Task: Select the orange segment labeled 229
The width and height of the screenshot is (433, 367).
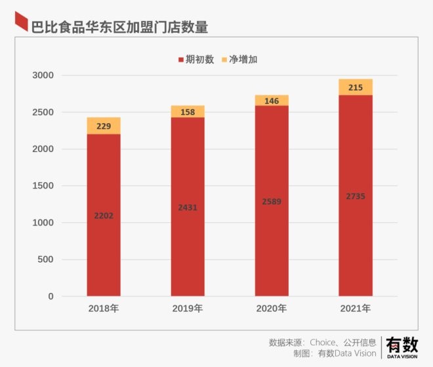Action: [x=104, y=126]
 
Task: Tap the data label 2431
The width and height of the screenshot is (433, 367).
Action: [x=188, y=208]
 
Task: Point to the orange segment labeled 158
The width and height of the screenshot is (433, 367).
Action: [x=188, y=112]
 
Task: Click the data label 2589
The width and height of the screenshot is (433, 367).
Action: [x=272, y=202]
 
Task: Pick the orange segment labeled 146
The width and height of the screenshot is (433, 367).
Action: [x=272, y=101]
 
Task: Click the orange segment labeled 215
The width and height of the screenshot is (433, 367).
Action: [x=356, y=87]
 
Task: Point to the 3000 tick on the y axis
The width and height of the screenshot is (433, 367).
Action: [x=43, y=76]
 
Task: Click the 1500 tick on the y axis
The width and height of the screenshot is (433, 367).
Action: [x=43, y=186]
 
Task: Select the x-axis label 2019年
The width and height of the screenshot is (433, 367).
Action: [x=188, y=308]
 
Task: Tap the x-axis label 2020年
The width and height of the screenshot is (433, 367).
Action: [x=272, y=308]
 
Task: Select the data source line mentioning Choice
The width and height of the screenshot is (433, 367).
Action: [x=323, y=342]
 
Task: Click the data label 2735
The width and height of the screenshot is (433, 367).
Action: [x=356, y=197]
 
